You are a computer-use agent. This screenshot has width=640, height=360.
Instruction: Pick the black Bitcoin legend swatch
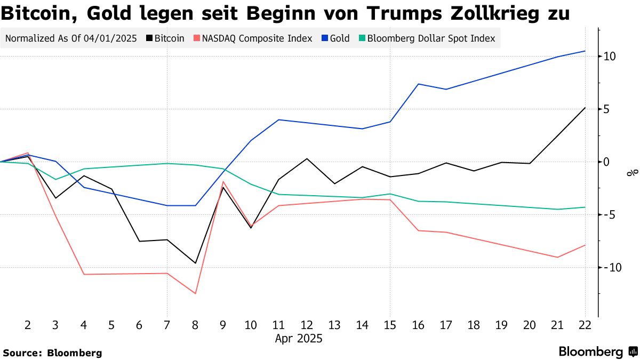pos(149,38)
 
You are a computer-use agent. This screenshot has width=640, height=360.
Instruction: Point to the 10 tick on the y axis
pos(610,57)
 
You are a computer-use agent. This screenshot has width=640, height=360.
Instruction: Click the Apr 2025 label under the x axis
pos(299,338)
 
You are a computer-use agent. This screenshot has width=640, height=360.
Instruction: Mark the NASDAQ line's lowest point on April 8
pos(195,293)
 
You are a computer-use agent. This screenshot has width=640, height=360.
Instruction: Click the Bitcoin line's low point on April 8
pos(195,263)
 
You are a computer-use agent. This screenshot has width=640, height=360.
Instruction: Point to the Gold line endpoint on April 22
pos(585,51)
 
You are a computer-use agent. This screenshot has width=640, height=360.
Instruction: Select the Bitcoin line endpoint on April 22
pos(585,108)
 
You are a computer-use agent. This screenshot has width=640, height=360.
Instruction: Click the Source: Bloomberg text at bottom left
pos(52,353)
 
